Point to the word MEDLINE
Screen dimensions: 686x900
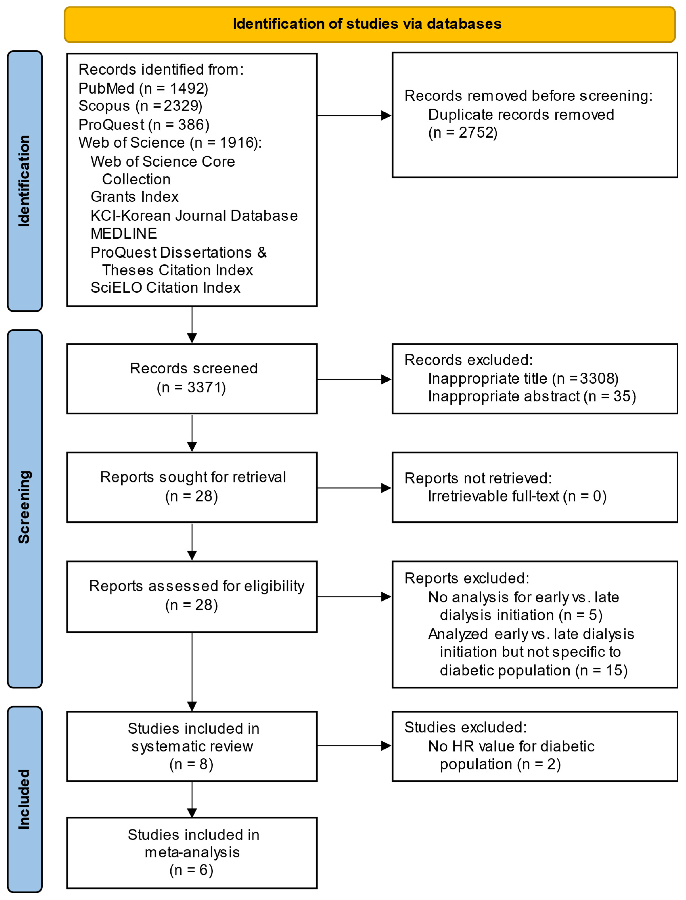(124, 233)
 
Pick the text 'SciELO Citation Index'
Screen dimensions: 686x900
(165, 288)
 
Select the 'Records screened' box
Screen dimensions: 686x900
(192, 379)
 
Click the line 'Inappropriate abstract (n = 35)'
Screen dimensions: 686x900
(532, 396)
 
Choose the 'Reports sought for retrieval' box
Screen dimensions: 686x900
(192, 487)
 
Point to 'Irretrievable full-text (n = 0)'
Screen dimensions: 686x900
(517, 496)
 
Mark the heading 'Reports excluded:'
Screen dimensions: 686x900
(467, 578)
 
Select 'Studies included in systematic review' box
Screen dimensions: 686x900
(192, 746)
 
